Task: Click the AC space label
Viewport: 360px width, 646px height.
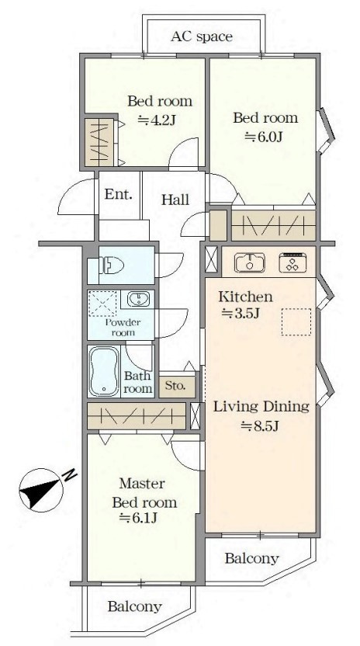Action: pyautogui.click(x=202, y=36)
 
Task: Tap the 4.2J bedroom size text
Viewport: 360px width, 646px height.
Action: pyautogui.click(x=157, y=120)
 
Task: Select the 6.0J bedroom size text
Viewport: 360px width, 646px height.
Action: pyautogui.click(x=263, y=137)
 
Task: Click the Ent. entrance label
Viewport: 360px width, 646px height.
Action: pyautogui.click(x=119, y=194)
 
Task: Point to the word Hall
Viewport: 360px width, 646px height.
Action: pyautogui.click(x=175, y=200)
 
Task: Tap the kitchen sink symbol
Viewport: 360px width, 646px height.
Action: pyautogui.click(x=250, y=263)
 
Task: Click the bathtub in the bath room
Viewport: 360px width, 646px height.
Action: pyautogui.click(x=104, y=371)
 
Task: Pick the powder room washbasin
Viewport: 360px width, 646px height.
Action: pyautogui.click(x=137, y=299)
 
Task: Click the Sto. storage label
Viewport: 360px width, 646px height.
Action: pyautogui.click(x=175, y=386)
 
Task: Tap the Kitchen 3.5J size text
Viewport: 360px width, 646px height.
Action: pyautogui.click(x=241, y=314)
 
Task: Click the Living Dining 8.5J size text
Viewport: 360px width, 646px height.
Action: pyautogui.click(x=261, y=426)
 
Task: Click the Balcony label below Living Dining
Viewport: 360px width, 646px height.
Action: pyautogui.click(x=251, y=558)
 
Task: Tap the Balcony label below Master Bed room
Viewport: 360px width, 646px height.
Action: pyautogui.click(x=135, y=606)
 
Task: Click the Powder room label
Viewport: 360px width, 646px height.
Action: pyautogui.click(x=123, y=328)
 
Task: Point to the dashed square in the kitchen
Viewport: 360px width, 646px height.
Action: pyautogui.click(x=296, y=321)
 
